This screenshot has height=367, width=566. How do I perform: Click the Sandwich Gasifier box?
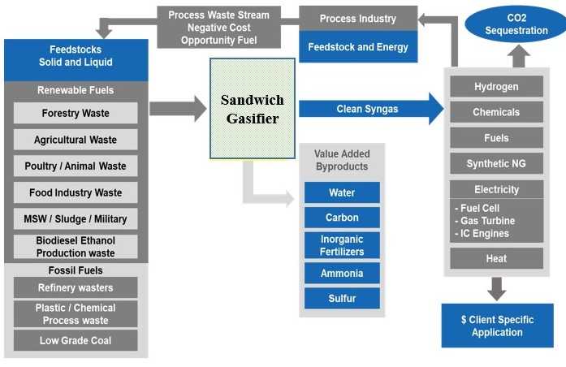pos(252,108)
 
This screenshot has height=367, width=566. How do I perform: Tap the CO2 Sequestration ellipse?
pos(516,24)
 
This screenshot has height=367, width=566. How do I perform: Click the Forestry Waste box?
pos(76,114)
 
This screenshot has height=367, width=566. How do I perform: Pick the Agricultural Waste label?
pos(76,140)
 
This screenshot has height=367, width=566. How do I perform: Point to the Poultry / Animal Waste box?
pos(76,166)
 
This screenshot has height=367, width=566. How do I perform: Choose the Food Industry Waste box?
pos(76,193)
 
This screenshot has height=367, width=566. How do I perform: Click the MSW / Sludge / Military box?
pos(76,219)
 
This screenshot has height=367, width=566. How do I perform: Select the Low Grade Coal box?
pos(76,340)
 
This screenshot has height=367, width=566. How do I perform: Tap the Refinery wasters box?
pos(76,287)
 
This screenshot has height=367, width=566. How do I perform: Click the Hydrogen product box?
pos(496,87)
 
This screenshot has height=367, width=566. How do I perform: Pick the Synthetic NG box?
pos(496,163)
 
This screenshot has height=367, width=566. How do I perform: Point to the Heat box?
pos(496,258)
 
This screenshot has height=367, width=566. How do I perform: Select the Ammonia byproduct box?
pos(342,274)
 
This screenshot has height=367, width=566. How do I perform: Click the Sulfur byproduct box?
pos(342,299)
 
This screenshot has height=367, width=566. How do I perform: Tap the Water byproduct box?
pos(342,193)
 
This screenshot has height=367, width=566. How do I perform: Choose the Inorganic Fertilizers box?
pos(342,245)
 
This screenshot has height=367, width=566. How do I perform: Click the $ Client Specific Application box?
pos(497,326)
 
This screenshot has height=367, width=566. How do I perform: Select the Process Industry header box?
pos(358,19)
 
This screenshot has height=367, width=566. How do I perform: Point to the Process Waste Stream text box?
pos(218,27)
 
